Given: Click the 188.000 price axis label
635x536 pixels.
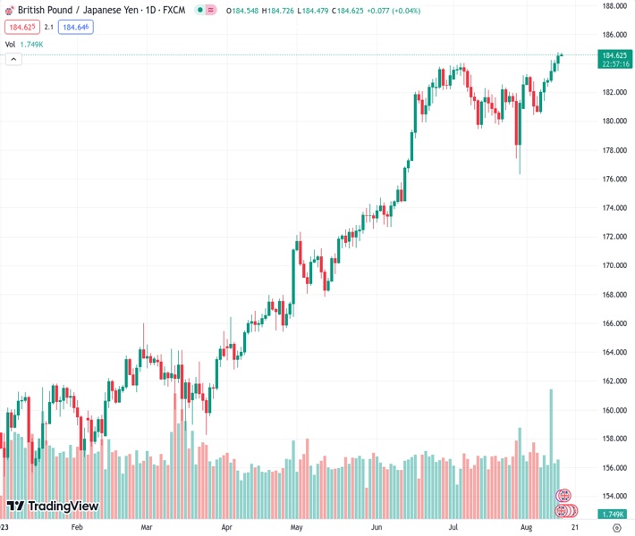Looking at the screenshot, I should click(614, 5).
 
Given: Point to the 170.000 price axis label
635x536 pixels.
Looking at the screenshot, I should click(614, 265).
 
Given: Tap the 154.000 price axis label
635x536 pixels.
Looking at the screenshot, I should click(614, 497).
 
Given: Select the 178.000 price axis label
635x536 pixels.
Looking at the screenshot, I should click(614, 150).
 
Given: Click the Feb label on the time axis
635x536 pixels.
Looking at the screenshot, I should click(76, 528).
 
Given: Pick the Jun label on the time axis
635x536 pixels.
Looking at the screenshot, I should click(377, 528).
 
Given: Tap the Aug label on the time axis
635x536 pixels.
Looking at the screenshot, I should click(528, 528).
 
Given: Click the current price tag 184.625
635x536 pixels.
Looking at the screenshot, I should click(614, 55).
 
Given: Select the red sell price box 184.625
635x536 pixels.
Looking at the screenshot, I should click(21, 28).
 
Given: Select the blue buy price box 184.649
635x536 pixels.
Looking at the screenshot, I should click(75, 28).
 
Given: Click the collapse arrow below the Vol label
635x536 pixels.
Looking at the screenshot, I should click(13, 59).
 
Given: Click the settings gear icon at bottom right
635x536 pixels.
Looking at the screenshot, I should click(616, 528).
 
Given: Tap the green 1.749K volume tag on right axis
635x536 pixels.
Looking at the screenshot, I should click(614, 515).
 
